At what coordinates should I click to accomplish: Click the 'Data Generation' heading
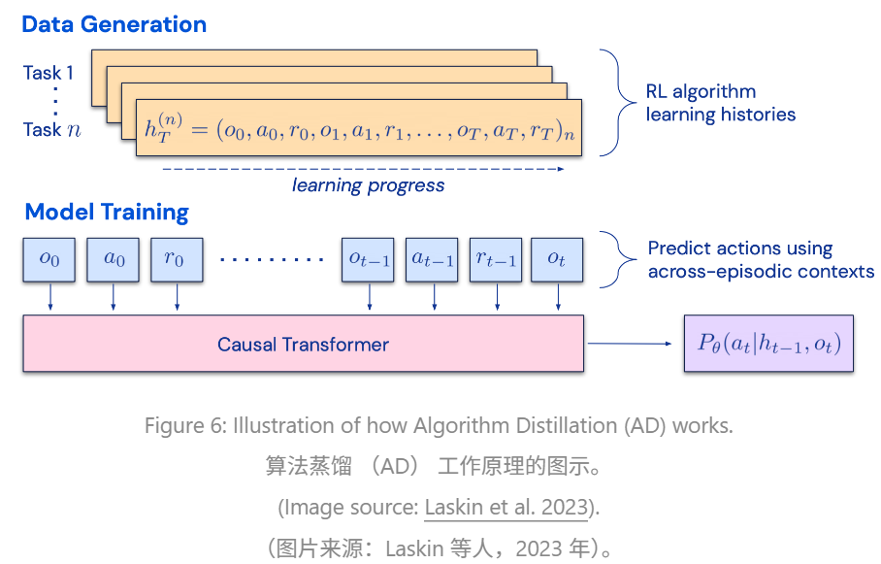pos(114,24)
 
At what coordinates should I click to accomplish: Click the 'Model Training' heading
pos(107,213)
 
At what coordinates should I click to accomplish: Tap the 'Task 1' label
pos(49,73)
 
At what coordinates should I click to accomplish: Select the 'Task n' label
pos(51,130)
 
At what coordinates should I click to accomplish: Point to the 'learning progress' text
pos(368,185)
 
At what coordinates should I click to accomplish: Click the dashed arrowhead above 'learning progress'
pos(561,169)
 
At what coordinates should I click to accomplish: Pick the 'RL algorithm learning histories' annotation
pos(720,103)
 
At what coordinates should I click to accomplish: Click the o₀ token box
pos(49,260)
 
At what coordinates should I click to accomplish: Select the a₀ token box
pos(113,260)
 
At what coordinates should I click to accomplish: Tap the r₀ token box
pos(177,260)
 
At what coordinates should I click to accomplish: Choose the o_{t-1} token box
pos(368,260)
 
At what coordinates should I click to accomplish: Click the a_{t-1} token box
pos(432,260)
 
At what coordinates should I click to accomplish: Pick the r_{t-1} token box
pos(496,260)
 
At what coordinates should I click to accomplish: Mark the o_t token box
pos(557,260)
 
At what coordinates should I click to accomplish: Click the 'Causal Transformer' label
pos(303,345)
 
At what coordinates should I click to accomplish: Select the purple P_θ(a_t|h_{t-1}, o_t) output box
pos(768,344)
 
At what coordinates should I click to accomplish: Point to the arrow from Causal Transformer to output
pos(630,344)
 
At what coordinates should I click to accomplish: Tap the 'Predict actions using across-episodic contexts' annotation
pos(761,260)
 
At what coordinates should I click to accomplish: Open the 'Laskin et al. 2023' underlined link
pos(506,507)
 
